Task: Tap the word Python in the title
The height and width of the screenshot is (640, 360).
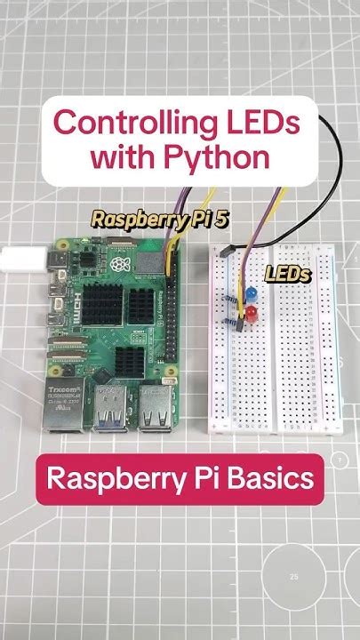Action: (x=222, y=157)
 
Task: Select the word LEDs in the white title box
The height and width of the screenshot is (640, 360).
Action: (x=268, y=122)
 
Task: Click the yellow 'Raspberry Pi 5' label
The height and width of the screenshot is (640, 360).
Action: (x=159, y=220)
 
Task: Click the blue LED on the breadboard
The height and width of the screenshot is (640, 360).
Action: (x=252, y=292)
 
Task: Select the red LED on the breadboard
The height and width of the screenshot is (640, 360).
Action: (x=252, y=313)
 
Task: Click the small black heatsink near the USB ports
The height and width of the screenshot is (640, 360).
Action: (x=130, y=359)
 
